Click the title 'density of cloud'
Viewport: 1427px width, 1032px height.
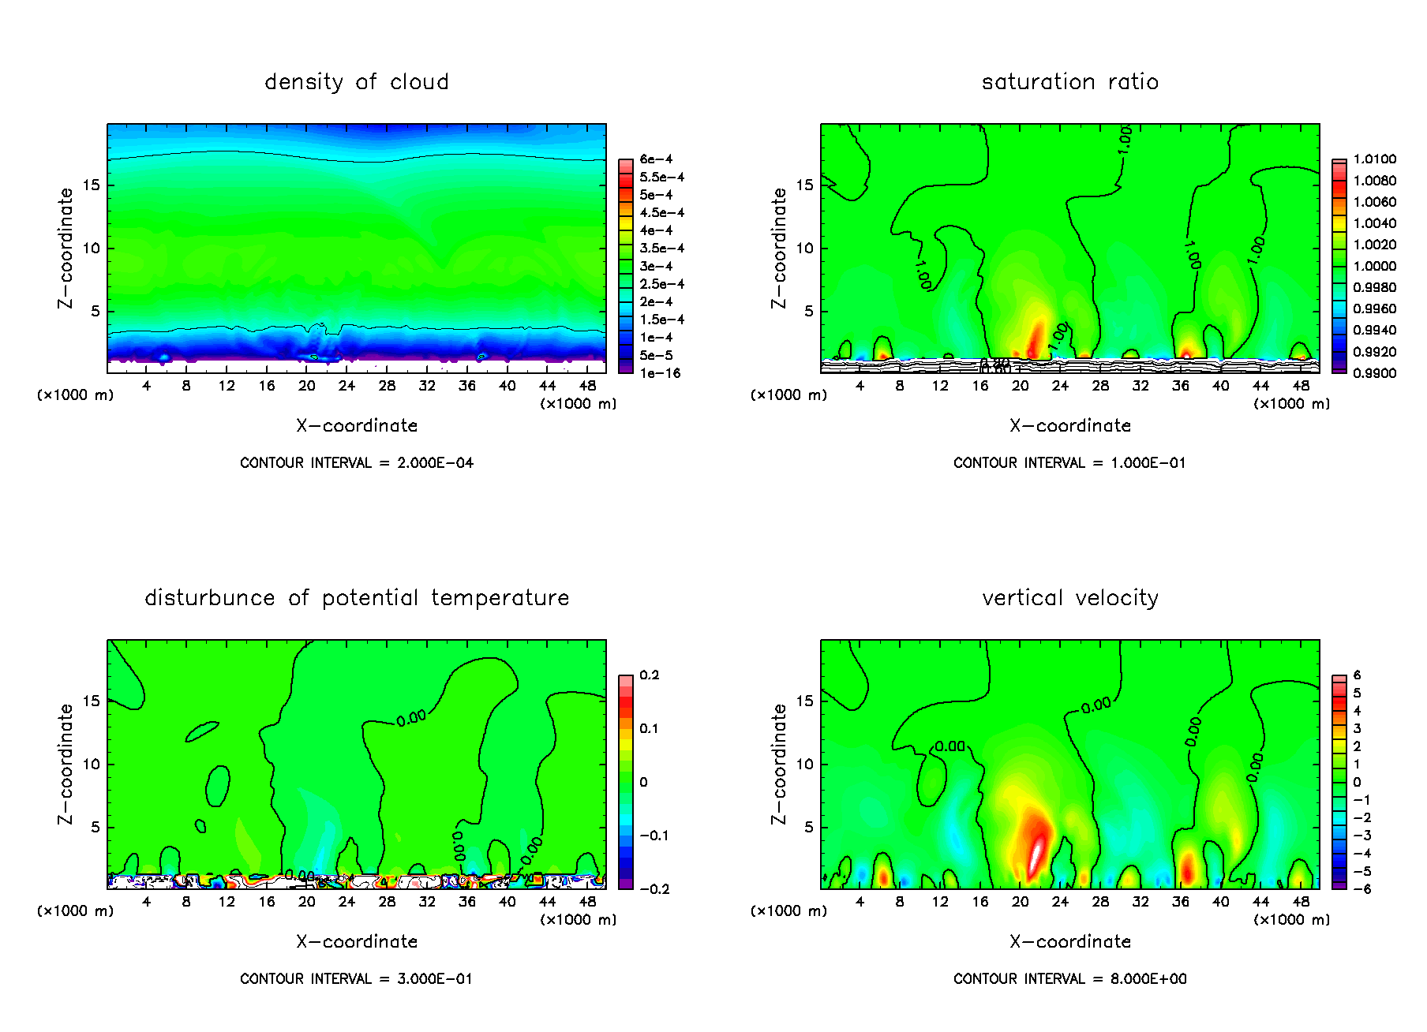point(357,82)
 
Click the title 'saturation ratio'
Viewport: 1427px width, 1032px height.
point(1069,82)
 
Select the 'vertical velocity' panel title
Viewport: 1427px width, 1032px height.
point(1069,598)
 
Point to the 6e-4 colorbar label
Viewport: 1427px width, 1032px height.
point(656,159)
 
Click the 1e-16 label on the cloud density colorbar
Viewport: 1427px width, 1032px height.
point(660,373)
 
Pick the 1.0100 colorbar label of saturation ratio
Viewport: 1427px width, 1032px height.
point(1374,159)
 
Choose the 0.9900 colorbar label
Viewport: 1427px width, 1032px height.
point(1374,373)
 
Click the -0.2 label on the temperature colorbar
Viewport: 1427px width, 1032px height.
point(654,889)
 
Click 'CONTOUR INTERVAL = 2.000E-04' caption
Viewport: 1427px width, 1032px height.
point(357,463)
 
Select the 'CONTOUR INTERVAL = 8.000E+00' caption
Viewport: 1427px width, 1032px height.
point(1069,979)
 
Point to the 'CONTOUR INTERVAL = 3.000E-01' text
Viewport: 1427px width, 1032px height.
point(357,979)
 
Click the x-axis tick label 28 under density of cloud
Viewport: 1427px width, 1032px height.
point(387,386)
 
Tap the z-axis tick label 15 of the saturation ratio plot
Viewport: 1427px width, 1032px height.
point(803,185)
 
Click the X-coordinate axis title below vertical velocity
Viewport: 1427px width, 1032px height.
point(1069,941)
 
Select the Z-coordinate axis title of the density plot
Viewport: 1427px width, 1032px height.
point(66,248)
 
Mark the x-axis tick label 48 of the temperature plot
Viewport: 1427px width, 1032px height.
point(587,902)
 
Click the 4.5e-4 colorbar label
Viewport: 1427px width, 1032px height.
point(661,213)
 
